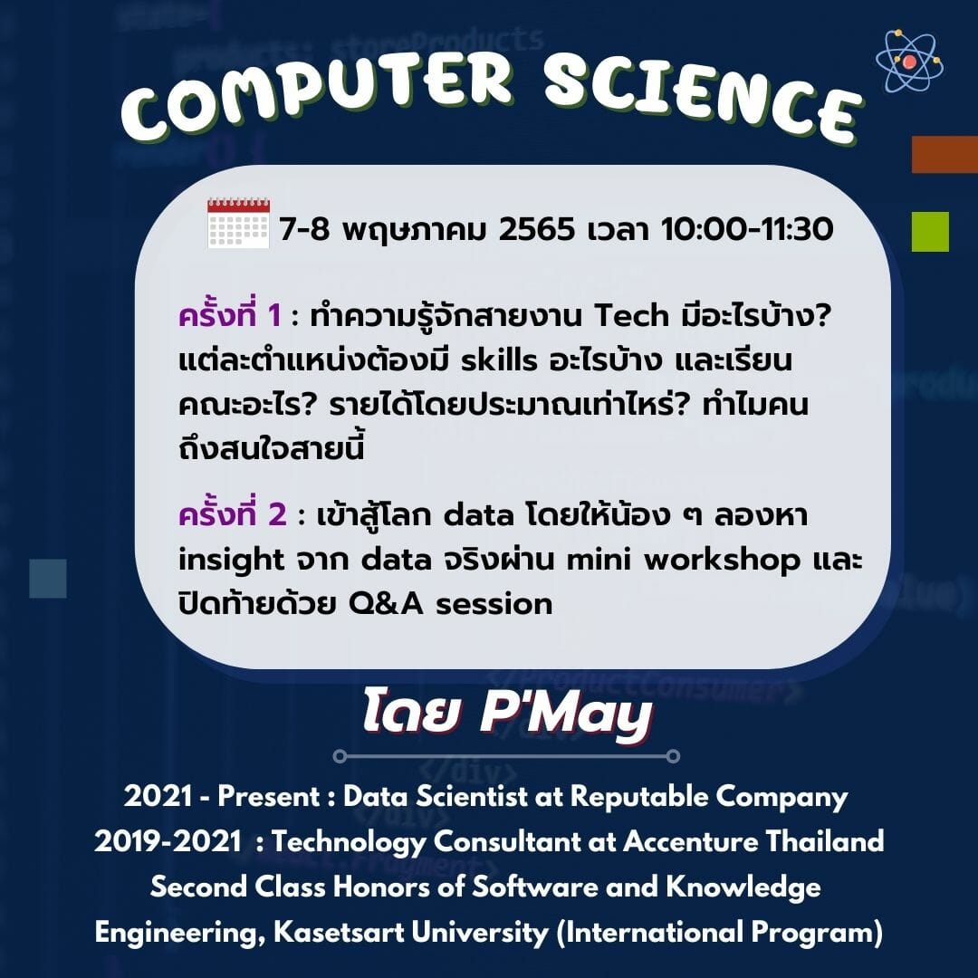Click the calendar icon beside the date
238,224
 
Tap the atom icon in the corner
909,61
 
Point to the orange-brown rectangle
944,154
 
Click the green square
930,232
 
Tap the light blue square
48,578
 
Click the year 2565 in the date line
536,229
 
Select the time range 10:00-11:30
747,229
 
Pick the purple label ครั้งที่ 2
233,514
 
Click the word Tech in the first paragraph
631,316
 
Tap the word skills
499,360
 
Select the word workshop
723,561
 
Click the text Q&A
386,604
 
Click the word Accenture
690,841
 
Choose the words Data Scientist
436,797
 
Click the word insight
231,561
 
